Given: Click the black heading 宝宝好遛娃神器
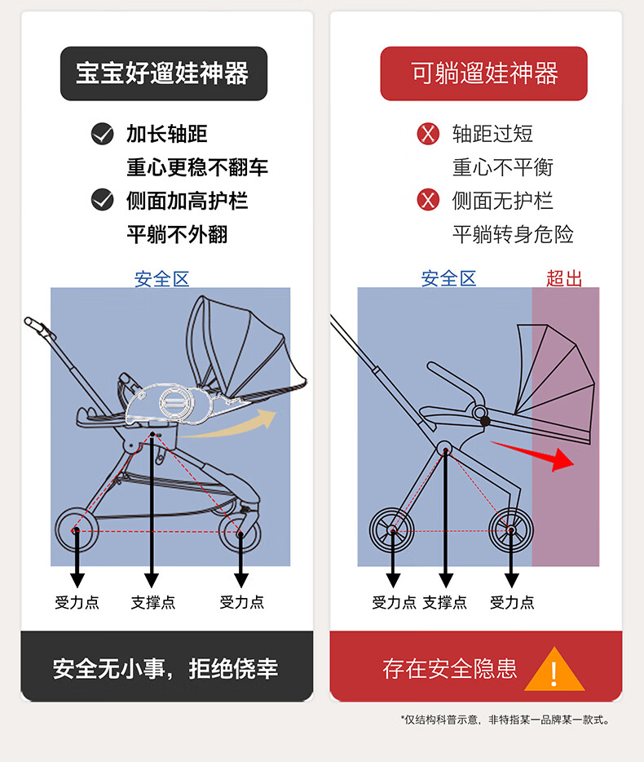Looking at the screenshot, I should [163, 73].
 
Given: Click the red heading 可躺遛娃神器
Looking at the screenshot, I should [484, 73].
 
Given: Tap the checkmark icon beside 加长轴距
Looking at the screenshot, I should [102, 134].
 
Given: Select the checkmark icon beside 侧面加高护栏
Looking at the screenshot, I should [102, 200].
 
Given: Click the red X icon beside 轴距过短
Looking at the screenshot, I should [428, 134].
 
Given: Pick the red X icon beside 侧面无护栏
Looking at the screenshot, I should [428, 200].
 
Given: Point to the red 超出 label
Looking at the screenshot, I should [564, 278].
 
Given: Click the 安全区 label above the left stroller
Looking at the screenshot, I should [161, 279].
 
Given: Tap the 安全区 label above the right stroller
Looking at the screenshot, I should [448, 278].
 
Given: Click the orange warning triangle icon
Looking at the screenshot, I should [554, 671].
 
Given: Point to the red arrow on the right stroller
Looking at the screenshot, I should [534, 454].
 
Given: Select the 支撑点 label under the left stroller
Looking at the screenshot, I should [152, 603].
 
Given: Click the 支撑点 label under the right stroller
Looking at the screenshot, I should [445, 603].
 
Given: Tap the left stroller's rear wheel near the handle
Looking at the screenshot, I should [76, 530].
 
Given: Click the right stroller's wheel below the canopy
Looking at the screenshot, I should [511, 530].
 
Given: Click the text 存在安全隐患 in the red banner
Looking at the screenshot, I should [450, 670].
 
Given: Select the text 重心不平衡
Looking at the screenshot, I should [503, 167].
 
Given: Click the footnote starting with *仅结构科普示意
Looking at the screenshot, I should [505, 720].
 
